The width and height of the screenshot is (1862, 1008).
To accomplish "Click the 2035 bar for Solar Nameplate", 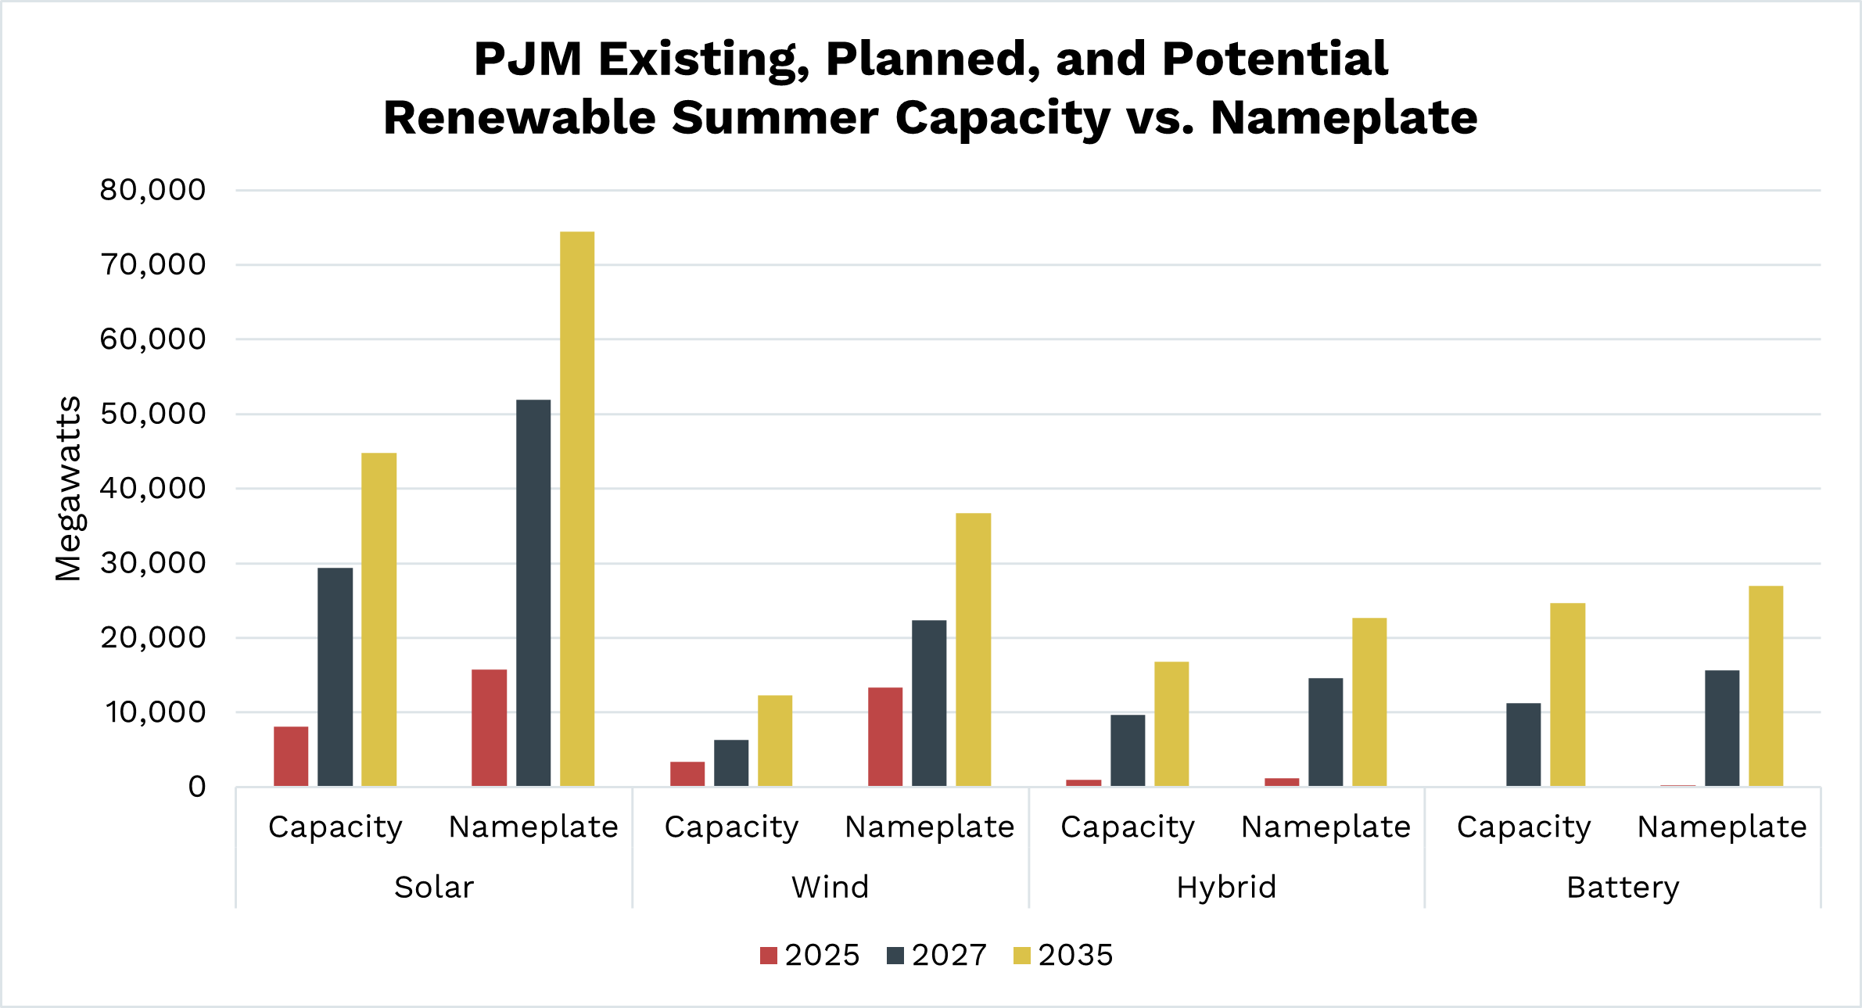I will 577,508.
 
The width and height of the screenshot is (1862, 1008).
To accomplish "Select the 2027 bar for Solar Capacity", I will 335,677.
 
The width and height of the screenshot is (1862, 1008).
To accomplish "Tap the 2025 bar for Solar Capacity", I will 291,756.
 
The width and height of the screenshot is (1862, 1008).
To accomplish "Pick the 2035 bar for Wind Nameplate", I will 973,649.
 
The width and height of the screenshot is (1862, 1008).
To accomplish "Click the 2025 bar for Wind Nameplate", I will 885,737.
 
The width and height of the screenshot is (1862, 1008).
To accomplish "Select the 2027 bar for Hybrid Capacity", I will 1128,750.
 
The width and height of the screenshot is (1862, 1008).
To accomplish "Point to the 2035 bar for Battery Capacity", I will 1567,694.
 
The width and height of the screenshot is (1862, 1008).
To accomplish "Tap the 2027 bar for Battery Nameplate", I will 1722,728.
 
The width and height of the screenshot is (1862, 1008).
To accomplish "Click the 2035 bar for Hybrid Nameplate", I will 1369,701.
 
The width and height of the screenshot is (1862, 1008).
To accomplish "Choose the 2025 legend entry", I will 810,955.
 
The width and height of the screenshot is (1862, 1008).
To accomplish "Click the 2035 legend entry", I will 1064,955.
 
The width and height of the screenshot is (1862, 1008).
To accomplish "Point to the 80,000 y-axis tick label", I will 152,190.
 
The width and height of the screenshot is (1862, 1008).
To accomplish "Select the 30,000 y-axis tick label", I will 152,563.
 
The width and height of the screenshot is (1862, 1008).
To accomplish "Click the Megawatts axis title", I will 69,489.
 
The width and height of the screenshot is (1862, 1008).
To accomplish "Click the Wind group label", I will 830,888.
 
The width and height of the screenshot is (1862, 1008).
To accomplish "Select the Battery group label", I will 1623,888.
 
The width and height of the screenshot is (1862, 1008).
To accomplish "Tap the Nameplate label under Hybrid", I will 1326,827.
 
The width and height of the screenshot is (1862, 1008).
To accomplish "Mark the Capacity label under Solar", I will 335,827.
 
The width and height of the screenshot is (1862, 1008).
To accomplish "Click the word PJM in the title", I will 528,59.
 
